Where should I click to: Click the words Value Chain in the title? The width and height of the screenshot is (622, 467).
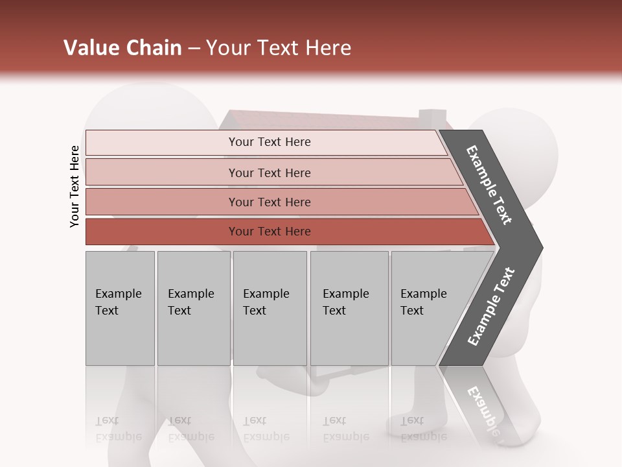click(x=122, y=48)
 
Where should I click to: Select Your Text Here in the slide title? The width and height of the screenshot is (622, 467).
click(x=279, y=48)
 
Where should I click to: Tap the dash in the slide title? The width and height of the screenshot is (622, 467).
click(x=193, y=49)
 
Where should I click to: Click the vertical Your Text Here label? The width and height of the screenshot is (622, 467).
click(x=75, y=186)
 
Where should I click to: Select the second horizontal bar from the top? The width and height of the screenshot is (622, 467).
click(x=269, y=173)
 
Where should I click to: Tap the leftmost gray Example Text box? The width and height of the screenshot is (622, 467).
click(x=120, y=308)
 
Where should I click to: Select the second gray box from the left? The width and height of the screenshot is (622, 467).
click(x=194, y=308)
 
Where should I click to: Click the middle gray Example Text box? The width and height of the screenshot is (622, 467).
click(x=270, y=308)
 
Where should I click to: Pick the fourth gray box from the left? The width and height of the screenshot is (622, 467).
click(x=349, y=308)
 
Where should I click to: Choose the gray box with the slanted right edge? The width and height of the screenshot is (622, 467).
click(x=428, y=308)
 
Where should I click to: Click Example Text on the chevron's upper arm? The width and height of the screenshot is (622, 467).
click(x=489, y=185)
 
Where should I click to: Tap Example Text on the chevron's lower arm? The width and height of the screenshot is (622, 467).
click(x=491, y=307)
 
